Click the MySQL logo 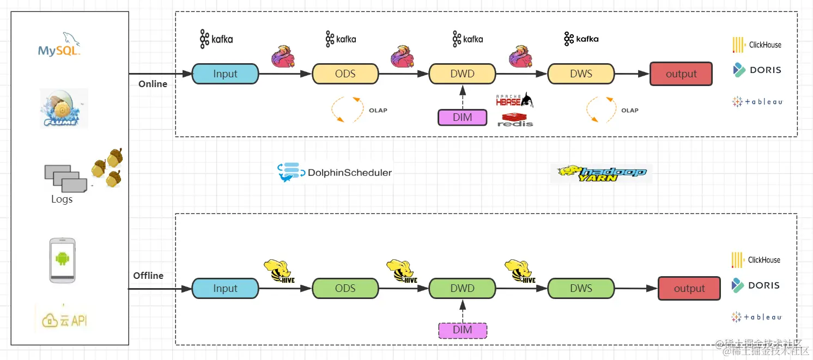coord(59,46)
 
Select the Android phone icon coord(62,260)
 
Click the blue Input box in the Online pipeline coord(225,74)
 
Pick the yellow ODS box coord(345,74)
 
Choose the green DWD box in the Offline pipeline coord(462,289)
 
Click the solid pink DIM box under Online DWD coord(462,117)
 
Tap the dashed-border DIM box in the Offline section coord(462,330)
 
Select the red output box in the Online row coord(681,74)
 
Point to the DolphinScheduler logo coord(335,172)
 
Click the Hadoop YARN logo coord(601,174)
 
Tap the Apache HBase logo coord(514,100)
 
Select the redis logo coord(515,120)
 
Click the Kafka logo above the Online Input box coord(216,39)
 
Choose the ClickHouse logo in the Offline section coord(756,260)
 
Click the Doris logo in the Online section coord(757,70)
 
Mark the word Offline coord(148,276)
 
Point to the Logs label coord(62,199)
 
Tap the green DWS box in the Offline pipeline coord(581,289)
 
